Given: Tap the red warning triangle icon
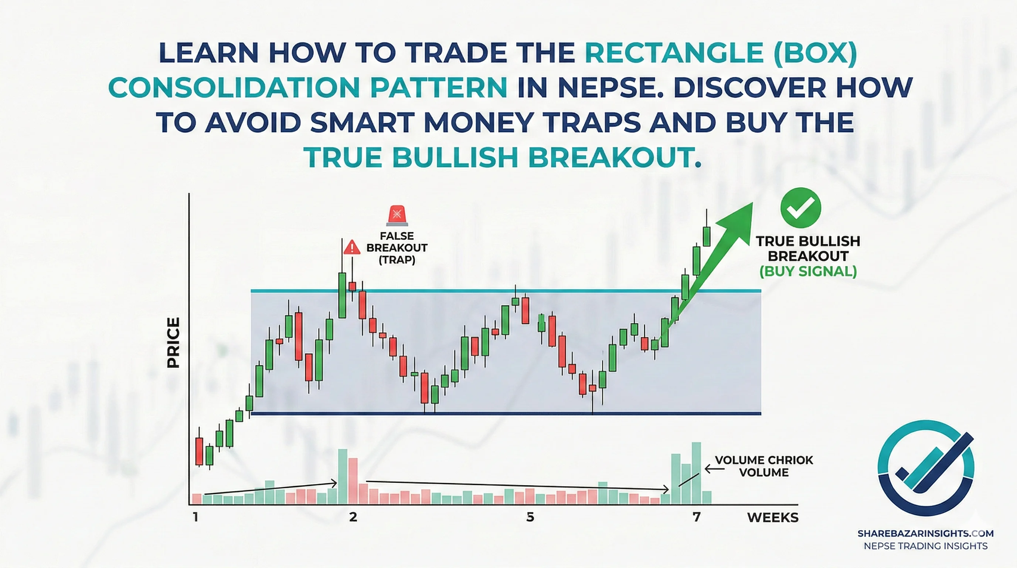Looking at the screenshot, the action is pos(352,248).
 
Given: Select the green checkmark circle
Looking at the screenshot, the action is pos(801,207).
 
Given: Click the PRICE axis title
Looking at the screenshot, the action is pos(174,343).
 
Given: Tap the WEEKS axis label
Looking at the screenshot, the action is pos(773,517).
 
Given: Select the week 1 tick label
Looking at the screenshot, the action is pos(195,517).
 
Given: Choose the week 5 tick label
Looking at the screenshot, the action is pos(530,517).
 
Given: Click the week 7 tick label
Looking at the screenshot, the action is pos(697,517).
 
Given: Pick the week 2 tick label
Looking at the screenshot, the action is pos(353,517).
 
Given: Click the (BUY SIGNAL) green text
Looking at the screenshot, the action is pos(808,271).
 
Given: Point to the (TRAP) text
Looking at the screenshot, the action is pos(397,260).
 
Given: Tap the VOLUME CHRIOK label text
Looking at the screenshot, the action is pos(764,460).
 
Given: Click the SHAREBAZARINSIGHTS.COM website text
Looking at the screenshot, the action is pos(925,534).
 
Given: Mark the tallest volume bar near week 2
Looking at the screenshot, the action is pos(343,477).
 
